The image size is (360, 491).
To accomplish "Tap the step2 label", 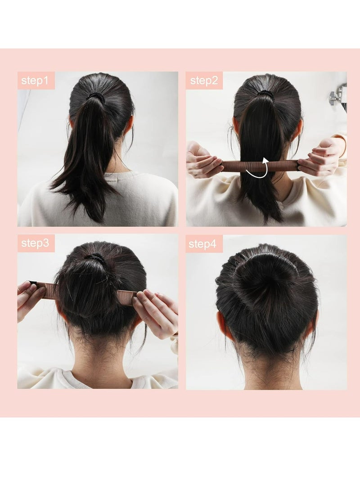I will (204, 81).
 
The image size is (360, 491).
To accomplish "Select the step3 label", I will (36, 243).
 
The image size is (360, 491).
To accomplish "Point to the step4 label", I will (204, 244).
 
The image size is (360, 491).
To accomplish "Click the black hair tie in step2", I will (265, 95).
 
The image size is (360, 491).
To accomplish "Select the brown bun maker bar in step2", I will (238, 166).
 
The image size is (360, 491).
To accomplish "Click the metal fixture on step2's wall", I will (338, 95).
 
